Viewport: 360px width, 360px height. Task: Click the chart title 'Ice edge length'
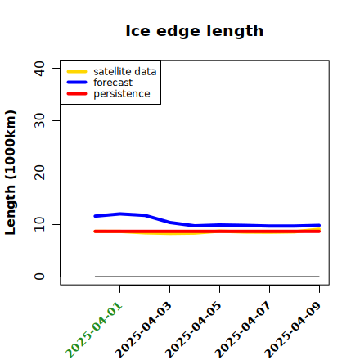(x=195, y=31)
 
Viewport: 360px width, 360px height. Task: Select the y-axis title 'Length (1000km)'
(x=11, y=173)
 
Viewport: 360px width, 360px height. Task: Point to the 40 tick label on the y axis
(x=39, y=69)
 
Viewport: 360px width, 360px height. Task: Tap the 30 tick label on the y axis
(x=39, y=120)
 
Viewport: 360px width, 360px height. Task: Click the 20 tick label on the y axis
(x=39, y=173)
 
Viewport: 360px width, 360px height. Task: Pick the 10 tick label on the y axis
(x=39, y=224)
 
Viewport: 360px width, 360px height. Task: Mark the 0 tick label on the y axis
(x=39, y=277)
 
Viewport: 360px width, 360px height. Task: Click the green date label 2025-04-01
(x=94, y=330)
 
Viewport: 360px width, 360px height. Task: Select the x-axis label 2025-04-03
(x=144, y=330)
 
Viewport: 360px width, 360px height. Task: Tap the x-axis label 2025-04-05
(x=194, y=330)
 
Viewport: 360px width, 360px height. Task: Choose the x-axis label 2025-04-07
(x=244, y=330)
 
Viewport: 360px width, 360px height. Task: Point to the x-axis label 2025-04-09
(x=294, y=330)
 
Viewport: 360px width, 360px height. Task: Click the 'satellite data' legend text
(x=125, y=72)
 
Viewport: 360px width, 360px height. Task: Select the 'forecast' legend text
(x=113, y=83)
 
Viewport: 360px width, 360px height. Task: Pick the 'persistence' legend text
(x=122, y=94)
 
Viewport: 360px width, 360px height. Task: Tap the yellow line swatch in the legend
(x=77, y=72)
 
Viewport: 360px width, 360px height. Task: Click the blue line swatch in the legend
(x=77, y=83)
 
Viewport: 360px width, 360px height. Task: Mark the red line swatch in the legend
(x=77, y=93)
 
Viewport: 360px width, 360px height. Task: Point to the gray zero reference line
(x=207, y=277)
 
